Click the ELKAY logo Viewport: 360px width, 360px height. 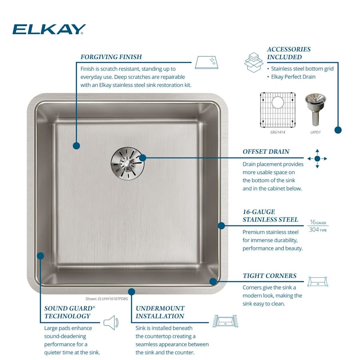tap(49, 29)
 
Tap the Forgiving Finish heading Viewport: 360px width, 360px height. tap(111, 57)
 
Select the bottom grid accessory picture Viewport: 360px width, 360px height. tap(278, 109)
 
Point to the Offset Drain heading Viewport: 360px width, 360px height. tap(266, 152)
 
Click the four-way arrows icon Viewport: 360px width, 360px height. tap(317, 158)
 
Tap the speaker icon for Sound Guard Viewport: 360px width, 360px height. tap(111, 322)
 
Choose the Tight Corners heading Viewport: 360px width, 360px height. tap(270, 276)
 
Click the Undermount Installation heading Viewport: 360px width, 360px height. tap(160, 312)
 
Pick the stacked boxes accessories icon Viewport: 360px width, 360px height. tap(254, 62)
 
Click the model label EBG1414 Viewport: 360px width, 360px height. tap(277, 132)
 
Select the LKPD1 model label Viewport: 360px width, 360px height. tap(315, 132)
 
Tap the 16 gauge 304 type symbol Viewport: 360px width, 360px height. tap(318, 226)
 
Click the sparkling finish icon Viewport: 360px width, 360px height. tap(207, 62)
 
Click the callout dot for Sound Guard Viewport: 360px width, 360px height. tap(40, 255)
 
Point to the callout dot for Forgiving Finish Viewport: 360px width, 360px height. tap(76, 146)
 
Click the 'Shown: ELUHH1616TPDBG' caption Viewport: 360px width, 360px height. tap(106, 298)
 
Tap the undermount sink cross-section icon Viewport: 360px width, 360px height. tap(225, 321)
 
